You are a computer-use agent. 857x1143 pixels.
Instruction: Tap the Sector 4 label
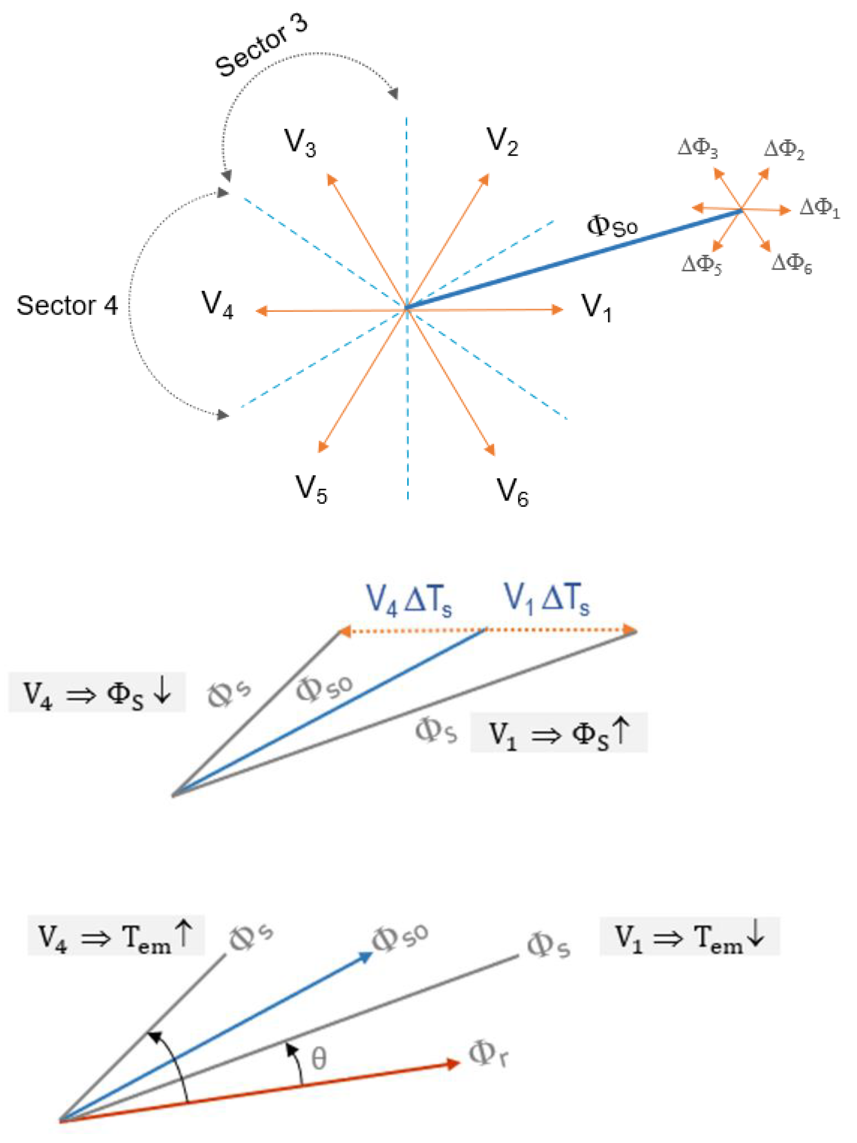pyautogui.click(x=67, y=305)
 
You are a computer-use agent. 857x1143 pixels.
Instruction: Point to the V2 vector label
pyautogui.click(x=502, y=141)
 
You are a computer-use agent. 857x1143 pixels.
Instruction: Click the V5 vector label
pyautogui.click(x=311, y=488)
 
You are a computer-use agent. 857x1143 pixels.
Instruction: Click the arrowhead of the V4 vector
pyautogui.click(x=261, y=311)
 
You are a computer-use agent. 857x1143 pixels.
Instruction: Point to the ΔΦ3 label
pyautogui.click(x=697, y=148)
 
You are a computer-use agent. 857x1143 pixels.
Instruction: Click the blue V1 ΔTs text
pyautogui.click(x=546, y=599)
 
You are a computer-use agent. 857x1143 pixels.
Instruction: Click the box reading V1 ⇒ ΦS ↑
pyautogui.click(x=558, y=733)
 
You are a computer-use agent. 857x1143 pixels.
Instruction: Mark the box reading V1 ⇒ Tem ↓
pyautogui.click(x=689, y=936)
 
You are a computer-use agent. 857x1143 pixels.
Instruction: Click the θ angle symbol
pyautogui.click(x=319, y=1059)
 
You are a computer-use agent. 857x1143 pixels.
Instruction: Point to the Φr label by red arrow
pyautogui.click(x=488, y=1053)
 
